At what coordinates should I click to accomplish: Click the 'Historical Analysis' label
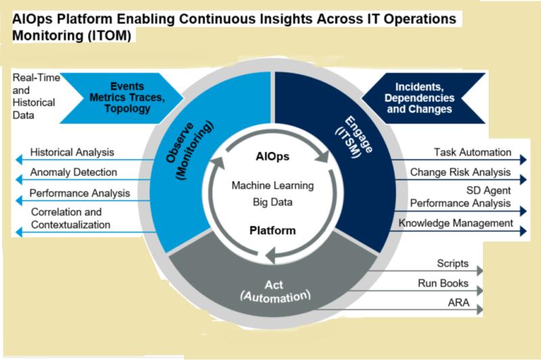tap(72, 152)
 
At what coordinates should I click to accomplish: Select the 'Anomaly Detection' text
tap(74, 172)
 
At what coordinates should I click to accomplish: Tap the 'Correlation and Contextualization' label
tap(71, 218)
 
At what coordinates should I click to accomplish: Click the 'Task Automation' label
tap(472, 152)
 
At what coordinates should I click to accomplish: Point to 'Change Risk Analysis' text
tap(461, 172)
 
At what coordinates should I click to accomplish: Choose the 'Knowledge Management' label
tap(456, 223)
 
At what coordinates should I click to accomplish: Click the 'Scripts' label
tap(452, 263)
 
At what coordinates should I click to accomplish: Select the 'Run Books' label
tap(443, 284)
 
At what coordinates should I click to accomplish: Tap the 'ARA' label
tap(458, 302)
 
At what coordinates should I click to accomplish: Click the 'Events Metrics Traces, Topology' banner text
tap(127, 97)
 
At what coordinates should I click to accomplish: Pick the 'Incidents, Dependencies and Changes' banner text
tap(419, 98)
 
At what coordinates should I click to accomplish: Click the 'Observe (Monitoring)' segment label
tap(189, 150)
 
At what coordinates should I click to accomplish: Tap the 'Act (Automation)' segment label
tap(275, 291)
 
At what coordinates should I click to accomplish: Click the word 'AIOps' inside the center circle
tap(273, 156)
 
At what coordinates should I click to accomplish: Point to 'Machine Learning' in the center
tap(273, 185)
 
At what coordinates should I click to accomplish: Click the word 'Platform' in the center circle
tap(273, 230)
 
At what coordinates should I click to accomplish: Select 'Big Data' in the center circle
tap(273, 202)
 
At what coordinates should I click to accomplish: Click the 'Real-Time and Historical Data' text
tap(36, 96)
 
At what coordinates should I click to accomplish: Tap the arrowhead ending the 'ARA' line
tap(480, 310)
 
